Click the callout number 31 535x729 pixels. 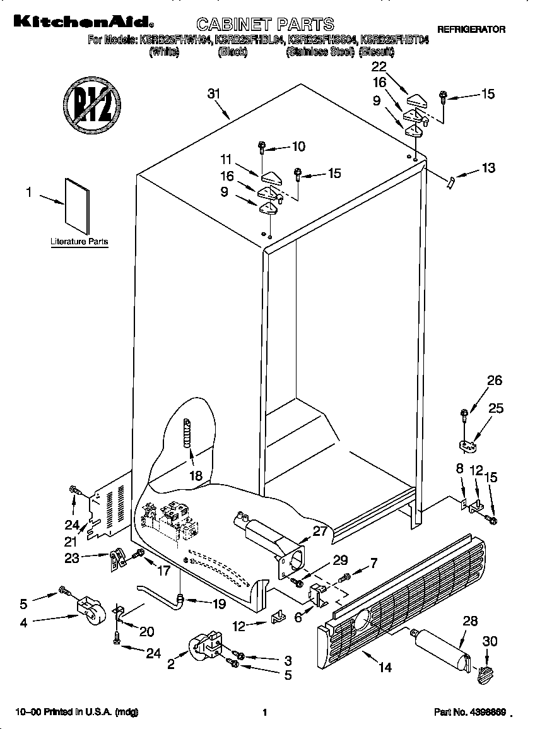click(x=215, y=95)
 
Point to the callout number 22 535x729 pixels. click(x=379, y=67)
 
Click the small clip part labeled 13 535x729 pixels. click(x=450, y=182)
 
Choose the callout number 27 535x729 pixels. click(x=320, y=531)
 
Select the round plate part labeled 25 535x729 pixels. click(x=467, y=446)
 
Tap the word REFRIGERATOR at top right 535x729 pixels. click(x=471, y=30)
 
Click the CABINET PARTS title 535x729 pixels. click(x=265, y=25)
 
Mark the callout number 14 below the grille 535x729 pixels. click(x=385, y=667)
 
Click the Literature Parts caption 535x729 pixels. click(x=79, y=242)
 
